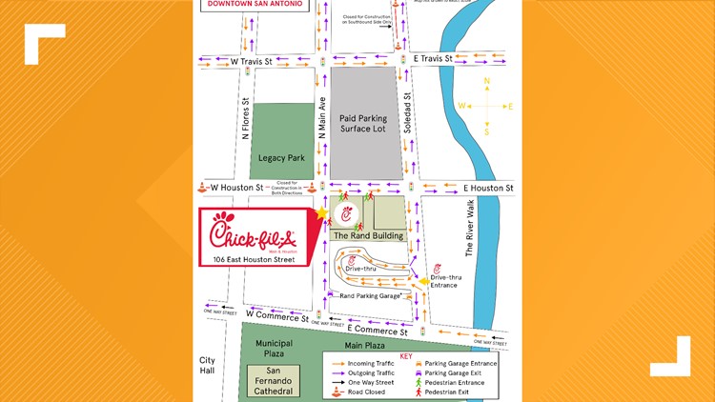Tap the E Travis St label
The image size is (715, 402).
(439, 59)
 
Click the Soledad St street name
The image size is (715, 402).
(407, 111)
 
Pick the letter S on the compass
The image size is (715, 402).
(487, 132)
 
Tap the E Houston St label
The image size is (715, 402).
(488, 189)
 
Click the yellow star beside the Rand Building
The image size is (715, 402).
(322, 212)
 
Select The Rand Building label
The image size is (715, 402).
(367, 235)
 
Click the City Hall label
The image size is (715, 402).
(208, 365)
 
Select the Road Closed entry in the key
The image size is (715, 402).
(358, 392)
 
